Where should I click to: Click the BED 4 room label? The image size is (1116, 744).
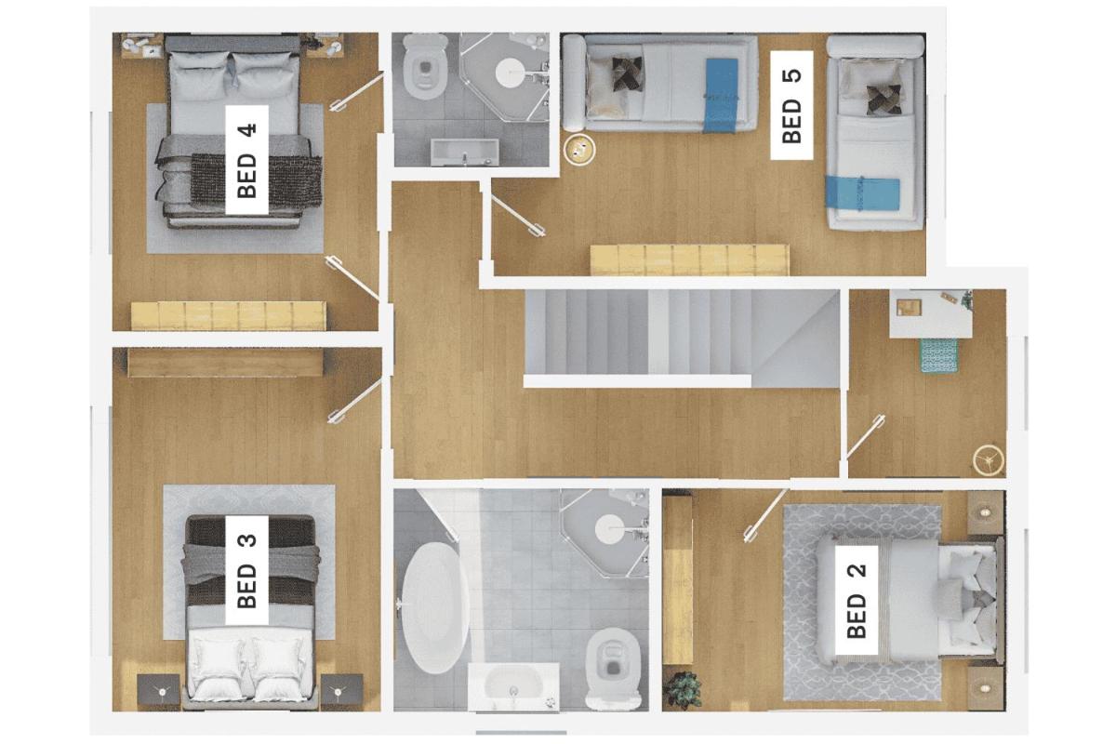coord(247,160)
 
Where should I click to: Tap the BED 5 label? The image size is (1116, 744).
coord(791,105)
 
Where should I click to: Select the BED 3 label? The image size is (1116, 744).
coord(247,570)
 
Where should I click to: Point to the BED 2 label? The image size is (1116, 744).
coord(857,600)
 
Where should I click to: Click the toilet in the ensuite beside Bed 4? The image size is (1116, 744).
coord(424,67)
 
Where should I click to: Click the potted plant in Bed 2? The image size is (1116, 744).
coord(684,690)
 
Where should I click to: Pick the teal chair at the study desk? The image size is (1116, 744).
coord(938,355)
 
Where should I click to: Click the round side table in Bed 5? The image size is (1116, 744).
coord(579,149)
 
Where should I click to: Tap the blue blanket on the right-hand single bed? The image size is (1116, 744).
coord(862,192)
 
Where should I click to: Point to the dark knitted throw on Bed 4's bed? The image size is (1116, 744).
coord(256,179)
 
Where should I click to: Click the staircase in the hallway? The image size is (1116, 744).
coord(683,338)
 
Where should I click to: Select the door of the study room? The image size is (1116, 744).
coord(866,436)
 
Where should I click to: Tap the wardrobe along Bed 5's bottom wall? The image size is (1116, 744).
coord(689,259)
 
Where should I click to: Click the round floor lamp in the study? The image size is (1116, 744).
coord(989,460)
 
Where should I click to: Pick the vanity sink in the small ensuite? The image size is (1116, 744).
coord(464,152)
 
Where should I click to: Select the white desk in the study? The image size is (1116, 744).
coord(931,314)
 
